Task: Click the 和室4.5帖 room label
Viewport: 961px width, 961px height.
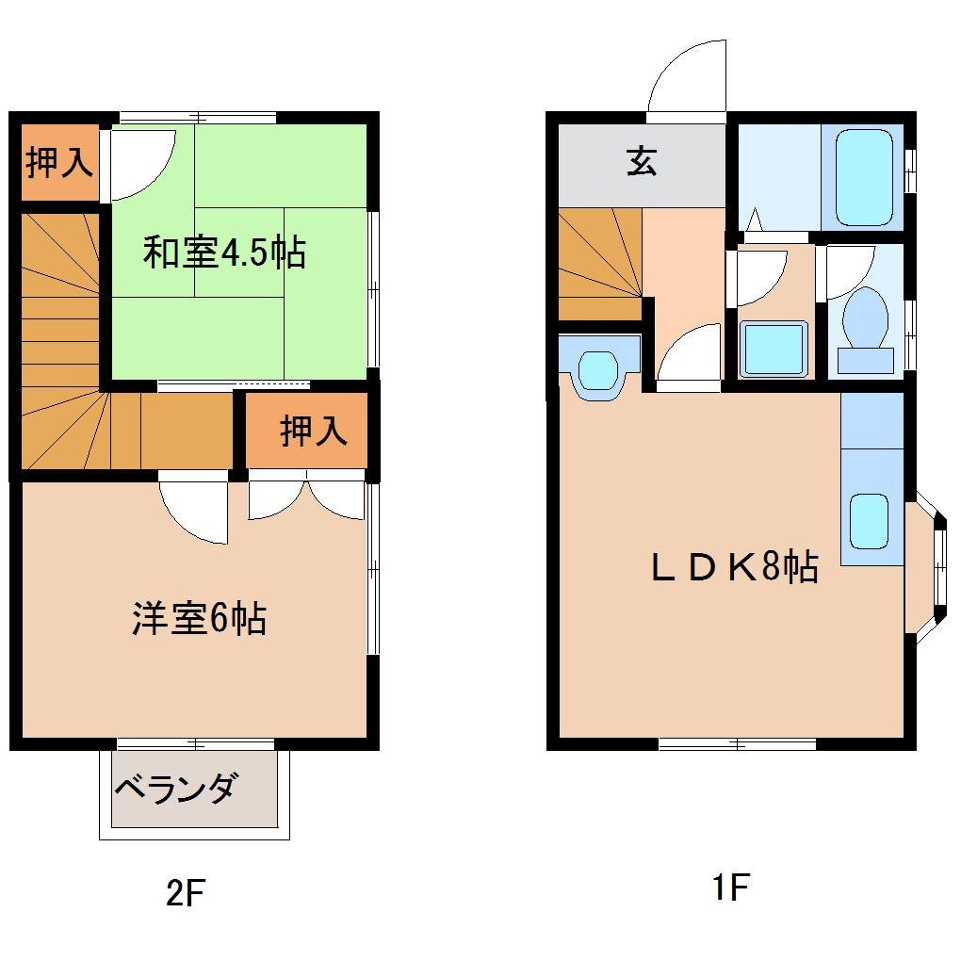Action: tap(224, 252)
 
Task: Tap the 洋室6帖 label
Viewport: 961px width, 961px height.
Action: tap(199, 619)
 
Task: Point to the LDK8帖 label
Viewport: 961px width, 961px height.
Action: tap(735, 567)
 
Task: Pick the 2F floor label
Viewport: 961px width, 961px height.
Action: tap(185, 891)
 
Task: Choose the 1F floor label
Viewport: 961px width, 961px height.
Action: tap(729, 888)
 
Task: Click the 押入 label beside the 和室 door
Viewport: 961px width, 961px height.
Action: tap(58, 163)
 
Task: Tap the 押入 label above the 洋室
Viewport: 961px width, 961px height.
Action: tap(313, 432)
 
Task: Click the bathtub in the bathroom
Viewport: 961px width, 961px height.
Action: tap(863, 177)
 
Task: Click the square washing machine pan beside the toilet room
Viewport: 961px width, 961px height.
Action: tap(774, 348)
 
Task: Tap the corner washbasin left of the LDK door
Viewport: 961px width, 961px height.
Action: tap(597, 369)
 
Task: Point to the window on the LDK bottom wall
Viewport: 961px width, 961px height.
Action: tap(737, 744)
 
